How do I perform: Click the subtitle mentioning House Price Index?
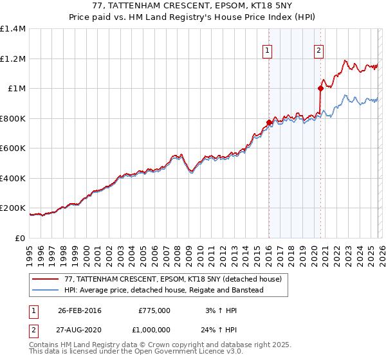click(192, 17)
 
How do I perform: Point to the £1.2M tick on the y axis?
click(13, 59)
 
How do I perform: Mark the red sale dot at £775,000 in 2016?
click(268, 122)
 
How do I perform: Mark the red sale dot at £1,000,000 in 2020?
click(320, 89)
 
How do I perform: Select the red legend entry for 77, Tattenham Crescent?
click(172, 280)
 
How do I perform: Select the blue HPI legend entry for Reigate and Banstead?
click(163, 290)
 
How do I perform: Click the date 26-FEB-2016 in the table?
click(80, 310)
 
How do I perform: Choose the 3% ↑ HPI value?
click(221, 310)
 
